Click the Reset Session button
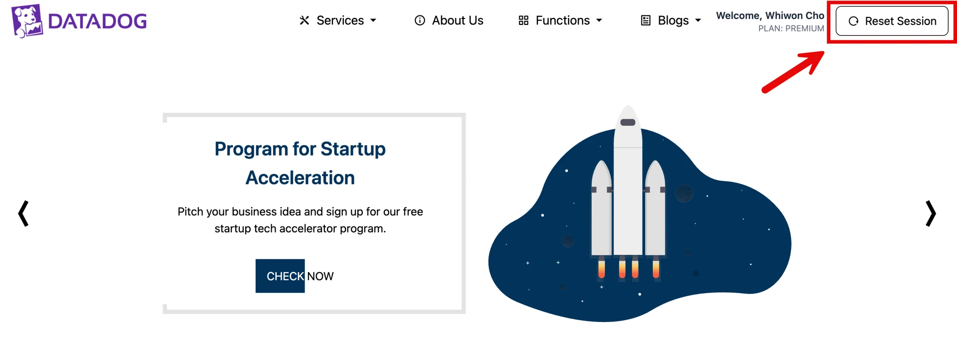coord(892,21)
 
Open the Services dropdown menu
coord(337,20)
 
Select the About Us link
coord(449,20)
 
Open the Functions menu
coord(560,20)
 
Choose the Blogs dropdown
coord(670,20)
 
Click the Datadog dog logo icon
coord(27,21)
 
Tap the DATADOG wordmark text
coord(98,21)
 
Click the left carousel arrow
coord(23,213)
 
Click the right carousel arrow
coord(931,213)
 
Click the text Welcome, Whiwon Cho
coord(770,15)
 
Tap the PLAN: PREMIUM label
coord(791,28)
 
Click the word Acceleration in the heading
coord(300,178)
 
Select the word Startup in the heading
coord(353,149)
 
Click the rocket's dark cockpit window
coord(628,122)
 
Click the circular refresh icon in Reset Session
coord(853,21)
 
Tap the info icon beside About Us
coord(420,20)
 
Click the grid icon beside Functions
coord(523,20)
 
